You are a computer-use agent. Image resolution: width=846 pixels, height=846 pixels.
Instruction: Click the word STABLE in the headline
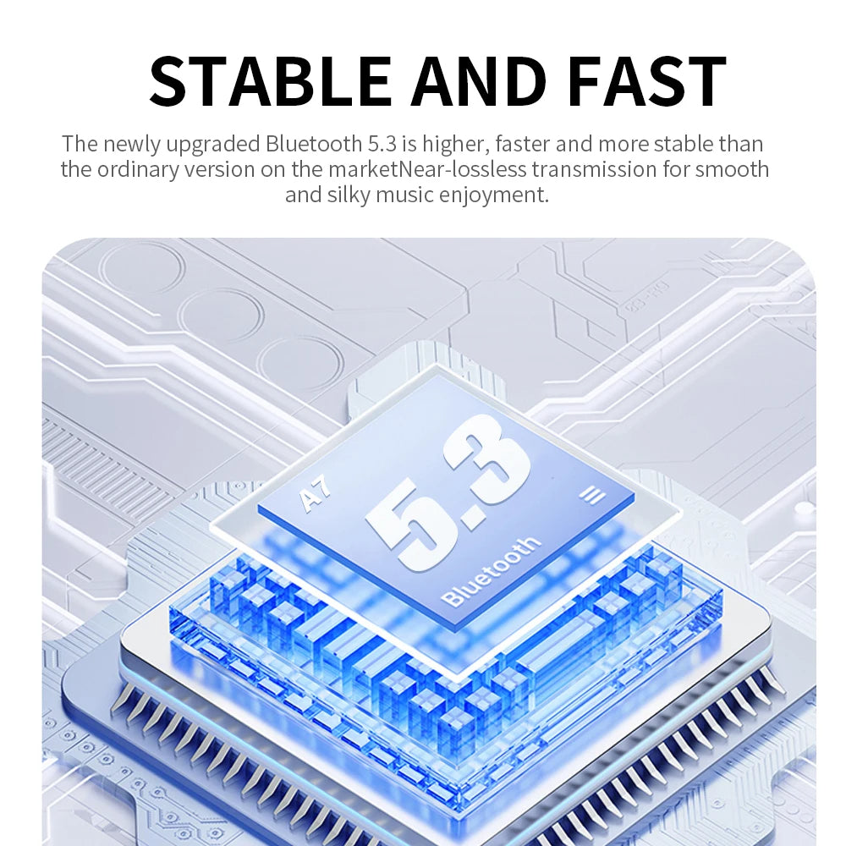271,81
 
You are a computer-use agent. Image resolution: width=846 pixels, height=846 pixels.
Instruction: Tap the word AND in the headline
478,81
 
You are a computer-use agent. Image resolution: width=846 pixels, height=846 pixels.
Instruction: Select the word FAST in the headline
647,81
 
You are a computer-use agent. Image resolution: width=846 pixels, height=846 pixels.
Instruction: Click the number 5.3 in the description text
382,144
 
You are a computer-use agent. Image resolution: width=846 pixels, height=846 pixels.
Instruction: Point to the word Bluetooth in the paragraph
314,144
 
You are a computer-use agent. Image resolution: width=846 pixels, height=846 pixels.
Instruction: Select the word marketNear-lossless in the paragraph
426,169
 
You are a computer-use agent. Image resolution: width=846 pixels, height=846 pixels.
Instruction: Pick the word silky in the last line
349,195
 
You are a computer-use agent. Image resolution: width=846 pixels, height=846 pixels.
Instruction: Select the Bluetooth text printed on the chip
490,571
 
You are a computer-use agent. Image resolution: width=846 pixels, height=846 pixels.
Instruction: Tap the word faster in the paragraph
522,144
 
